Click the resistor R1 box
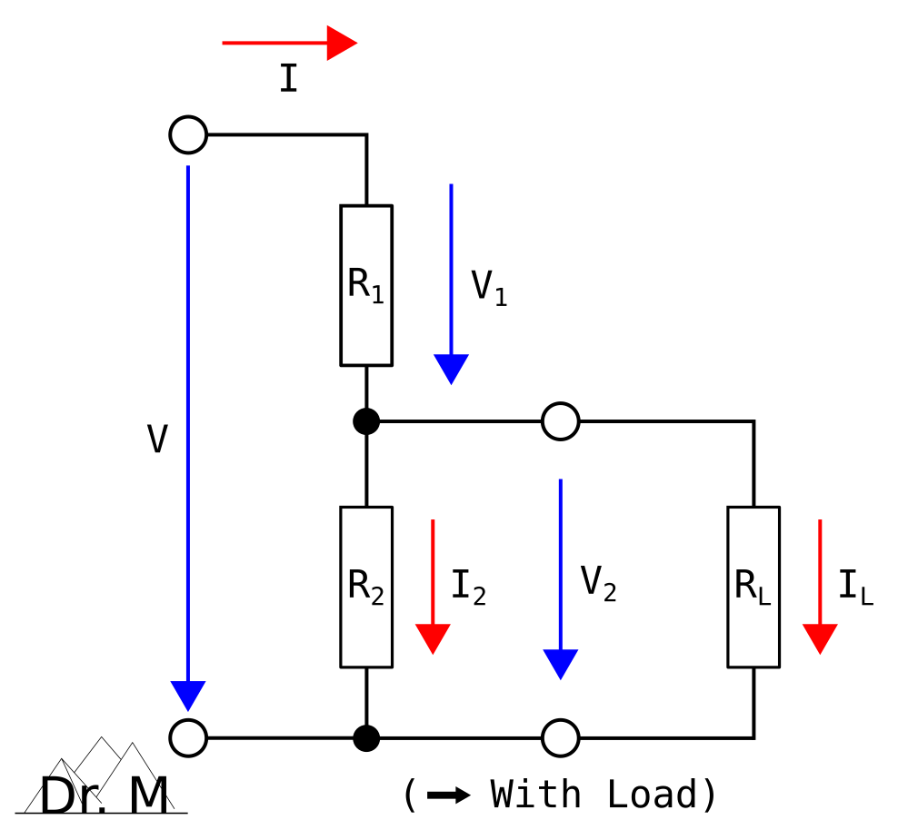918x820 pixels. tap(366, 285)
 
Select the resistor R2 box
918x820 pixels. tap(366, 587)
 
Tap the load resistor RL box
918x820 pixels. tap(753, 587)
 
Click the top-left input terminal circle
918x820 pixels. tap(188, 134)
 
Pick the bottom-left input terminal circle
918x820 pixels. tap(188, 737)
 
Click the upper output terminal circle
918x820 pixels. tap(561, 421)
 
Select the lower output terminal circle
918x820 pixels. tap(561, 737)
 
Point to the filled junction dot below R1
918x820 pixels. tap(366, 421)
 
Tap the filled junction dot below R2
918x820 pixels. tap(366, 737)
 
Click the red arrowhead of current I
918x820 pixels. tap(341, 43)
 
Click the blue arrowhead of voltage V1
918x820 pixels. tap(451, 368)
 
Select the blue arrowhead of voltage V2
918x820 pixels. tap(561, 663)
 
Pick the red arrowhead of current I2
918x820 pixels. tap(433, 637)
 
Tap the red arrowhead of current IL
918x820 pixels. tap(820, 637)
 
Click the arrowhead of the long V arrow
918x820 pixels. tap(188, 695)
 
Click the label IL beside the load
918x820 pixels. tap(855, 588)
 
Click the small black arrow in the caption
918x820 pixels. tap(448, 795)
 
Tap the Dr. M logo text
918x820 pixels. tap(104, 796)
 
